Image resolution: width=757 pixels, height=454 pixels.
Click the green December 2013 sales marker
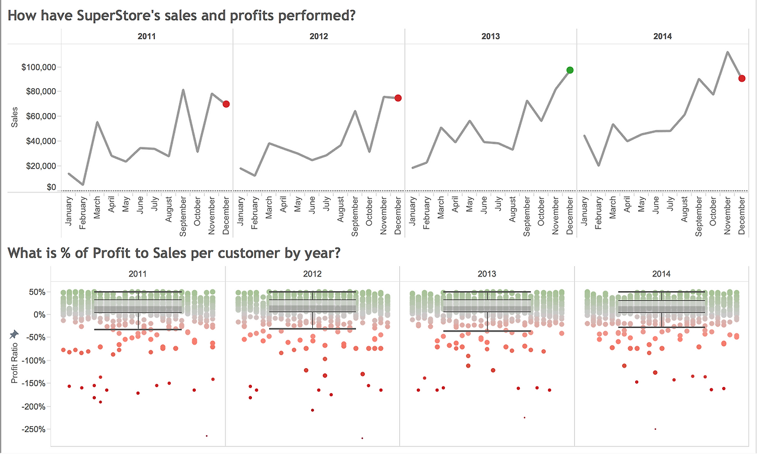click(570, 70)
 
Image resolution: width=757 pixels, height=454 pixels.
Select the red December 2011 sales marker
click(226, 104)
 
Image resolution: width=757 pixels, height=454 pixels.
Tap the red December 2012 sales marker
click(398, 98)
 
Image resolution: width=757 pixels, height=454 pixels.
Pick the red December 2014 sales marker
click(742, 79)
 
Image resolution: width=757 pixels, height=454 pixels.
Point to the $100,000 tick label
click(38, 67)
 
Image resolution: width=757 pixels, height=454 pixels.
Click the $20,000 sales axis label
click(41, 166)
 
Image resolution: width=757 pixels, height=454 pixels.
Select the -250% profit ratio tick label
click(33, 429)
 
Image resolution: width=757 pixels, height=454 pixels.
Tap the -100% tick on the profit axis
click(33, 360)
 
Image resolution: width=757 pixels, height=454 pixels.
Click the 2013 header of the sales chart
click(490, 36)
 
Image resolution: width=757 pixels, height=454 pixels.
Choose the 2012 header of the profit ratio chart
click(312, 273)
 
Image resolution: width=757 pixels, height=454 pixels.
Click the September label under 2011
click(183, 217)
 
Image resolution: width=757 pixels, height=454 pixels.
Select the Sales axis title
click(14, 117)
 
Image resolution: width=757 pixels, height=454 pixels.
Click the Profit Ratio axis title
click(14, 363)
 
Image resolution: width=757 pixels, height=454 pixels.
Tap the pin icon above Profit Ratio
click(14, 334)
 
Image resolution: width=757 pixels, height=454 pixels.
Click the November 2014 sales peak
click(727, 51)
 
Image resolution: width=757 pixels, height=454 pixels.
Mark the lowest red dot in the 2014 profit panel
click(655, 429)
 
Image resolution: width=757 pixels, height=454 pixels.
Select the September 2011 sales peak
click(183, 89)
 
